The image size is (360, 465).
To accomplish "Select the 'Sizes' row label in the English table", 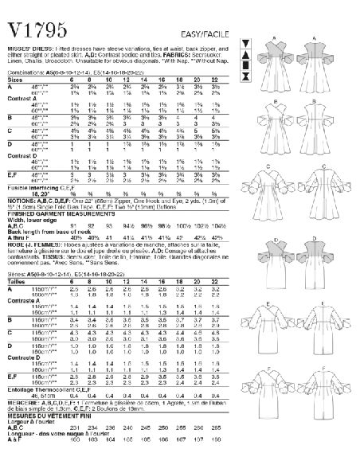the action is point(15,57).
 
